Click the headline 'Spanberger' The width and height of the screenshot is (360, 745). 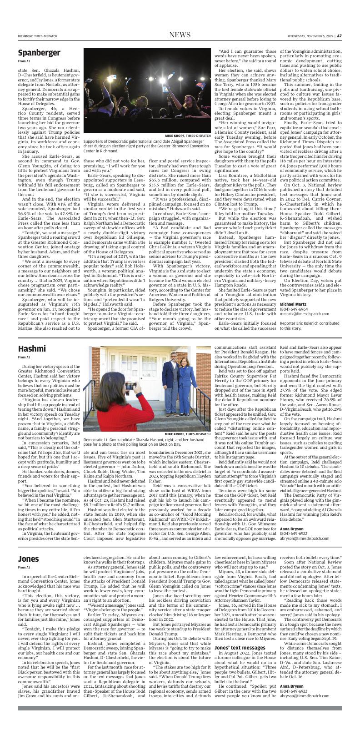click(x=39, y=53)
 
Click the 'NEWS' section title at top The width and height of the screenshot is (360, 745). click(x=180, y=35)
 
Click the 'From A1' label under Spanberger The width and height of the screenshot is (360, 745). click(x=24, y=61)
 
